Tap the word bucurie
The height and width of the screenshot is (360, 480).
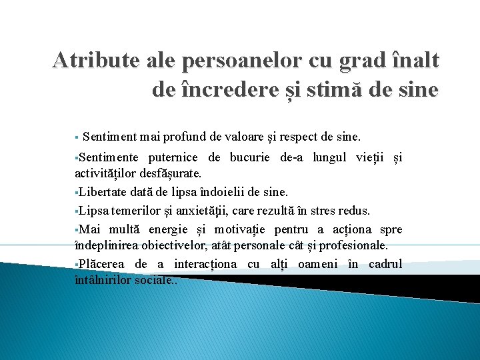(251, 158)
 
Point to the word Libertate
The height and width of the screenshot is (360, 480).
(104, 193)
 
